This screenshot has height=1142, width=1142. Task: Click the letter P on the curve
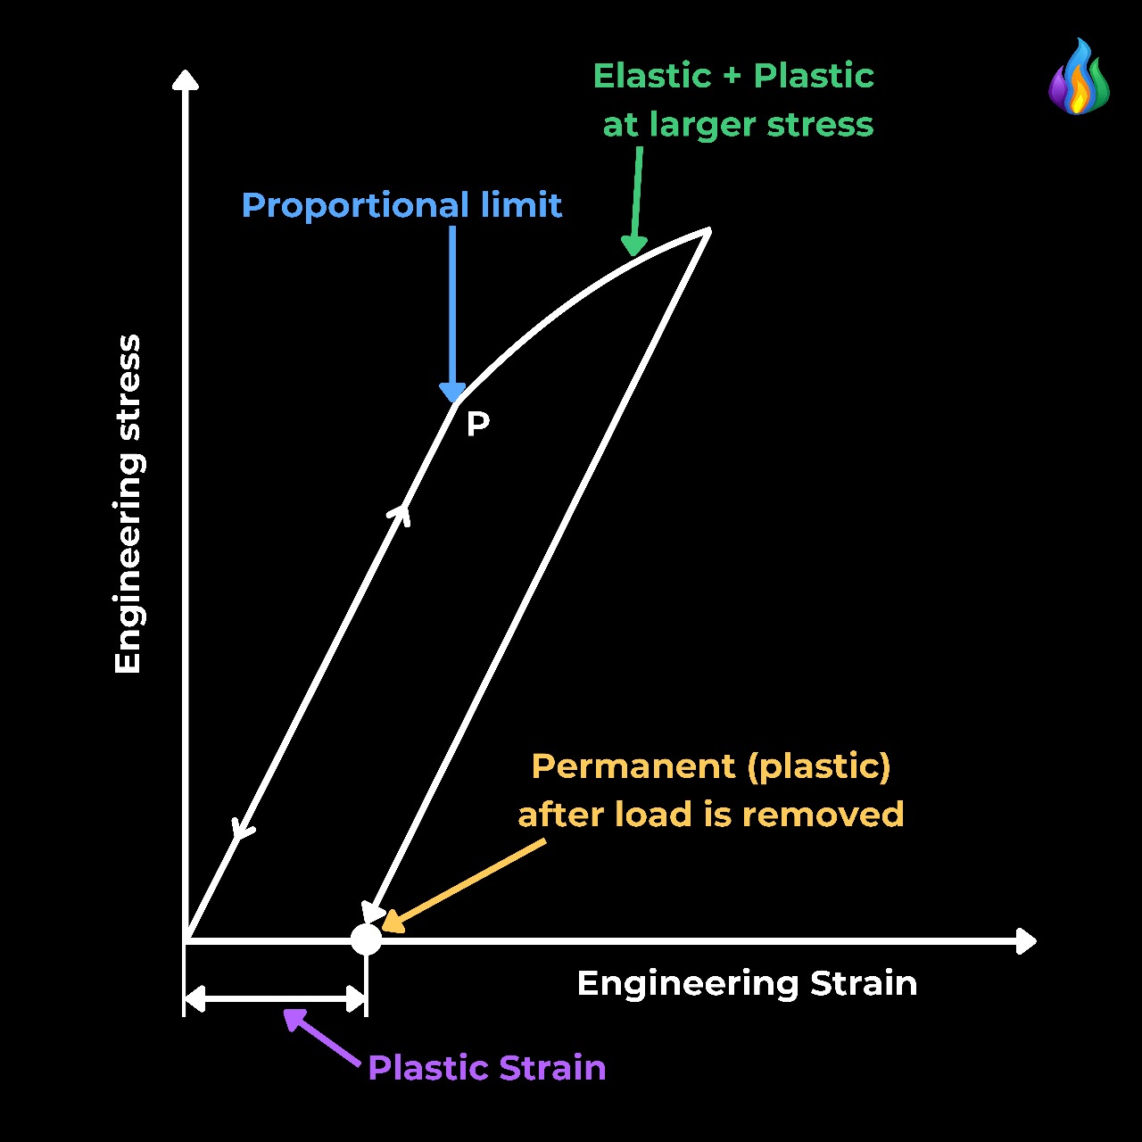[478, 424]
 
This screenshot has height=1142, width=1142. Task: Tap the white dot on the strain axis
[366, 939]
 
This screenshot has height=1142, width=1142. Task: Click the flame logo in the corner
[1079, 78]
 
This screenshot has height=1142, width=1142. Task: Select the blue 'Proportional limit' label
[401, 205]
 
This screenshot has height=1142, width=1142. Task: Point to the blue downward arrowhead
[452, 392]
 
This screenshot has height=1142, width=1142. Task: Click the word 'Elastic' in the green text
[651, 76]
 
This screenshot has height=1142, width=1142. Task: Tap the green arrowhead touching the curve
[633, 245]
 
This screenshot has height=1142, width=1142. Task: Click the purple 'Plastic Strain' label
[486, 1067]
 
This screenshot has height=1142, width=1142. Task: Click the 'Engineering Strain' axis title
[747, 983]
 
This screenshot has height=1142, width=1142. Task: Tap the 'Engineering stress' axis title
[128, 504]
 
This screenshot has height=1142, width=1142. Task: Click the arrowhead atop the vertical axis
[185, 79]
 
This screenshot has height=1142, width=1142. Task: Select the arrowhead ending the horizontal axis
[1027, 940]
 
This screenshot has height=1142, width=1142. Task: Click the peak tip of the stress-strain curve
[708, 231]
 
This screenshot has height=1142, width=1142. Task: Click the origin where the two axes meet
[186, 940]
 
